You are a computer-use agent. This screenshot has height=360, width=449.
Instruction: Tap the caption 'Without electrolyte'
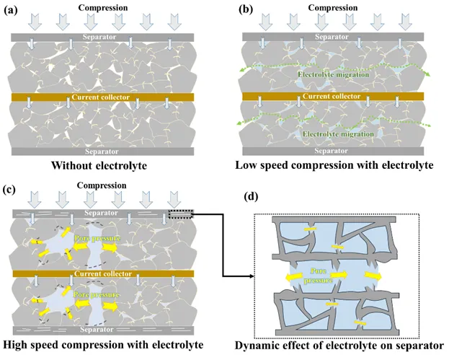[100, 165]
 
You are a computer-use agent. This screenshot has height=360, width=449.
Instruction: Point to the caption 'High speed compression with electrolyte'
[100, 344]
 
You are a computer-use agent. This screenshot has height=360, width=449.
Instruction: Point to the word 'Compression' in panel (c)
[102, 185]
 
